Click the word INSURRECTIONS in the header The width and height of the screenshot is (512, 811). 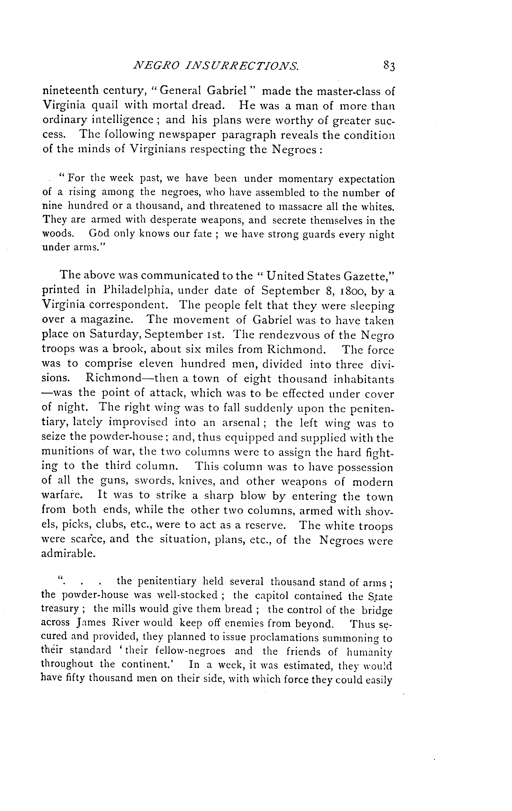(236, 66)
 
